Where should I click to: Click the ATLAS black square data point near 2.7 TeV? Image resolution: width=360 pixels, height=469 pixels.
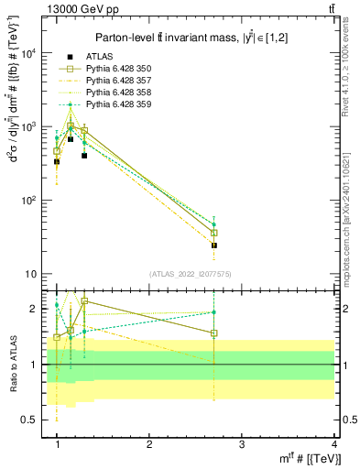(214, 245)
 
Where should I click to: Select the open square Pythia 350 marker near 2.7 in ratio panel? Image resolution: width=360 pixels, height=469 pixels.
(214, 333)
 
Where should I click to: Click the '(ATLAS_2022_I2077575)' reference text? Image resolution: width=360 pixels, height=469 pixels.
(191, 274)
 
